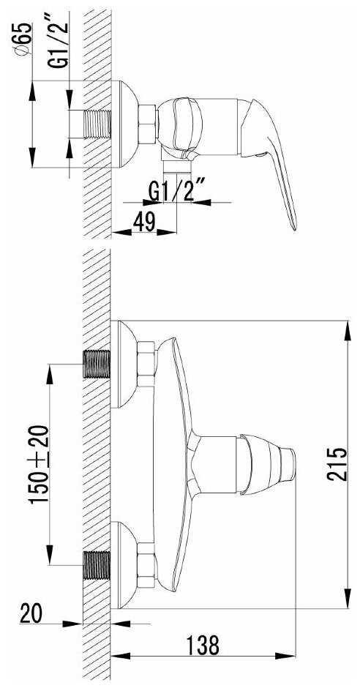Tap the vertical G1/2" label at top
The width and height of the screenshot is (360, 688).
point(59,40)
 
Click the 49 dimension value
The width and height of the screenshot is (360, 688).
point(144,223)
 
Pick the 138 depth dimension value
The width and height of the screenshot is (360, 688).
point(202,645)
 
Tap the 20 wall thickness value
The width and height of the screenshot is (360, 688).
point(31,613)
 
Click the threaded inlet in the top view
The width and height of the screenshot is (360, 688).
point(97,124)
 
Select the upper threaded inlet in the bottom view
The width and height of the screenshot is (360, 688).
point(97,364)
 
